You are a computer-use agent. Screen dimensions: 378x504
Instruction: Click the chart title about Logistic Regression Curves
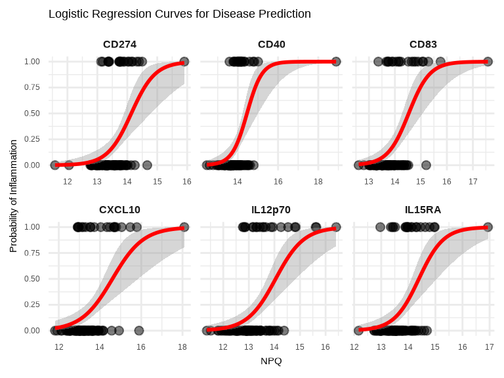tap(180, 14)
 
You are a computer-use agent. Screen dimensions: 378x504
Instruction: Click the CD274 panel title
tap(119, 45)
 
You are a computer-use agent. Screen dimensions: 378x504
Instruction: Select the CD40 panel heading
tap(271, 45)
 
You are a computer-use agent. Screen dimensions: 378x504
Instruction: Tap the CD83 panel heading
tap(423, 45)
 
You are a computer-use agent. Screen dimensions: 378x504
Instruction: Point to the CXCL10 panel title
tap(119, 210)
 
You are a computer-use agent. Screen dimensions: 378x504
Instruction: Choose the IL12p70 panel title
tap(271, 210)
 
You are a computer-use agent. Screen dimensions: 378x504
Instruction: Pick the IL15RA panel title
tap(423, 210)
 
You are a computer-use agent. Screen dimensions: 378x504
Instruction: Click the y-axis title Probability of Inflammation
tap(13, 196)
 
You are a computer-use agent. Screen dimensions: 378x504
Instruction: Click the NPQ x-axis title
tap(271, 361)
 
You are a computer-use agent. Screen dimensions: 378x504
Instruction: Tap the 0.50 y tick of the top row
tap(31, 114)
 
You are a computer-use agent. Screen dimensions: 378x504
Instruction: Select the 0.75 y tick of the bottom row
tap(31, 253)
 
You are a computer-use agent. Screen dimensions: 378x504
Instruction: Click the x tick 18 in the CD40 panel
tap(318, 181)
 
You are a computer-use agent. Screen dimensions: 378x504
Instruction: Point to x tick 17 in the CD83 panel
tap(472, 181)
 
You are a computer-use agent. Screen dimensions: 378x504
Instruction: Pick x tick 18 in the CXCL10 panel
tap(182, 346)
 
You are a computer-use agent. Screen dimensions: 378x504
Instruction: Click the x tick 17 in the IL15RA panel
tap(489, 346)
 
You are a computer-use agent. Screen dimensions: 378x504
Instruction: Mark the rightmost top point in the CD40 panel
tap(336, 62)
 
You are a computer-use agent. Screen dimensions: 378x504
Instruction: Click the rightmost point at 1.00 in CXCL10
tap(184, 227)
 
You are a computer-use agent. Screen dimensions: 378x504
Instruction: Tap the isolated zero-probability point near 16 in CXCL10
tap(138, 331)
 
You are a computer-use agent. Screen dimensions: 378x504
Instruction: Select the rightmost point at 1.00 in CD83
tap(488, 62)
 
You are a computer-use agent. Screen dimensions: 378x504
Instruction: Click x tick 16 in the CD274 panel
tap(187, 181)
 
